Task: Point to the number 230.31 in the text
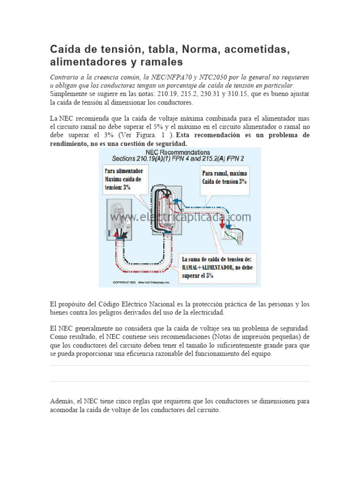pos(210,94)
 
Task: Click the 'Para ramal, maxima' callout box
pos(224,177)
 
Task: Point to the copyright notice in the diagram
pos(141,283)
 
